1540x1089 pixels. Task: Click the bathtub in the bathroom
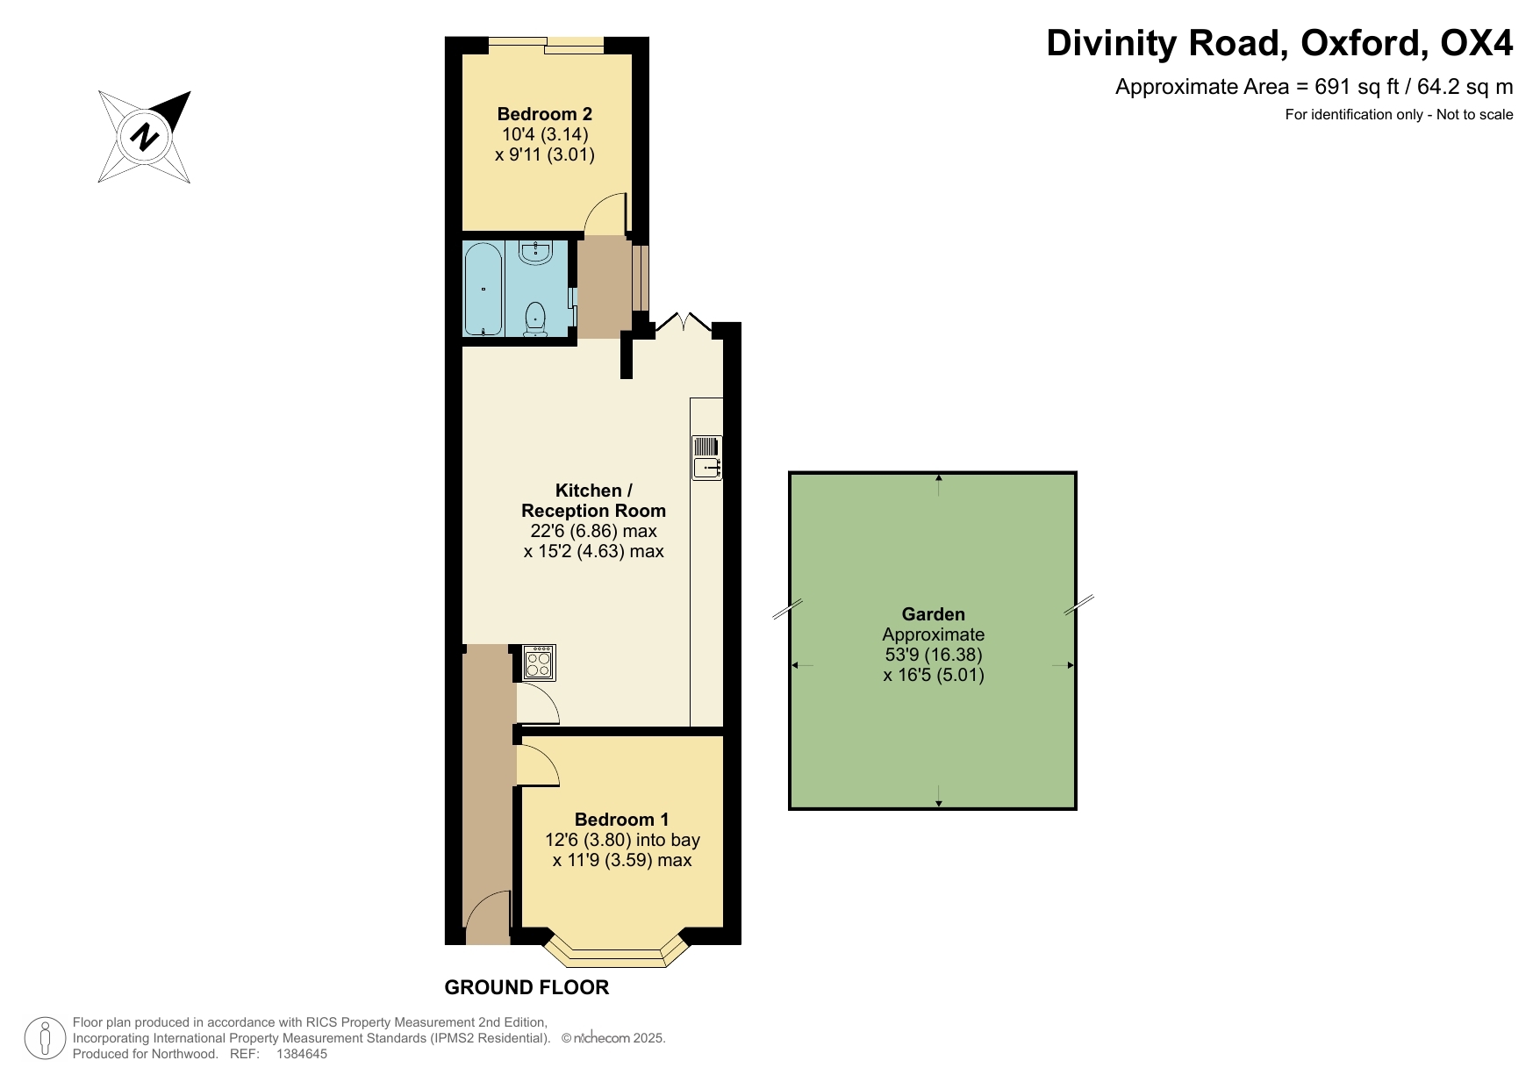(483, 289)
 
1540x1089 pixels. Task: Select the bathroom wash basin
(534, 253)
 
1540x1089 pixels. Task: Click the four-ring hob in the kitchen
(538, 663)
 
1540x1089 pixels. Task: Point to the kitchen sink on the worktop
(706, 458)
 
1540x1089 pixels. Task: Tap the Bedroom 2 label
(544, 114)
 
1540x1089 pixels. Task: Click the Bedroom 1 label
(621, 820)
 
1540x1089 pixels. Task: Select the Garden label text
(933, 614)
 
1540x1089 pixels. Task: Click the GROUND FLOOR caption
(526, 987)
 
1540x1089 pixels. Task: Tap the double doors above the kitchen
(685, 321)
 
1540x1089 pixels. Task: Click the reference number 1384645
(301, 1054)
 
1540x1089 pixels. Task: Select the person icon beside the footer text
(45, 1038)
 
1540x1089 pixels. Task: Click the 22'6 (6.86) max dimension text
(593, 531)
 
